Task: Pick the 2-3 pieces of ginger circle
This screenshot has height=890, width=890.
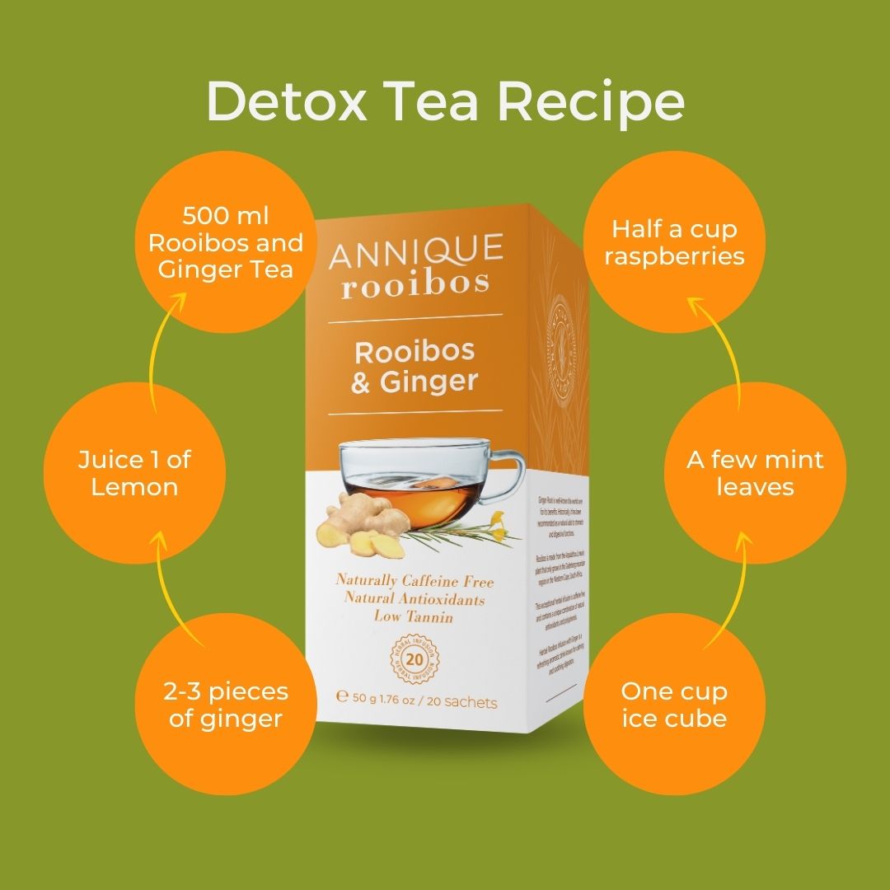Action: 225,705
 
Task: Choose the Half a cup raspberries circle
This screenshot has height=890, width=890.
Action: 673,242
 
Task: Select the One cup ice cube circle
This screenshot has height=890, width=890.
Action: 673,705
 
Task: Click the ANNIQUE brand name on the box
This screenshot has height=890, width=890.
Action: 415,251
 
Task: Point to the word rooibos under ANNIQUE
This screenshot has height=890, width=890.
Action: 415,282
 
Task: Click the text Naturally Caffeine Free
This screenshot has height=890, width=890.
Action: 415,581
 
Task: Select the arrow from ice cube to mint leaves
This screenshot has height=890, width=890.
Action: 738,588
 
